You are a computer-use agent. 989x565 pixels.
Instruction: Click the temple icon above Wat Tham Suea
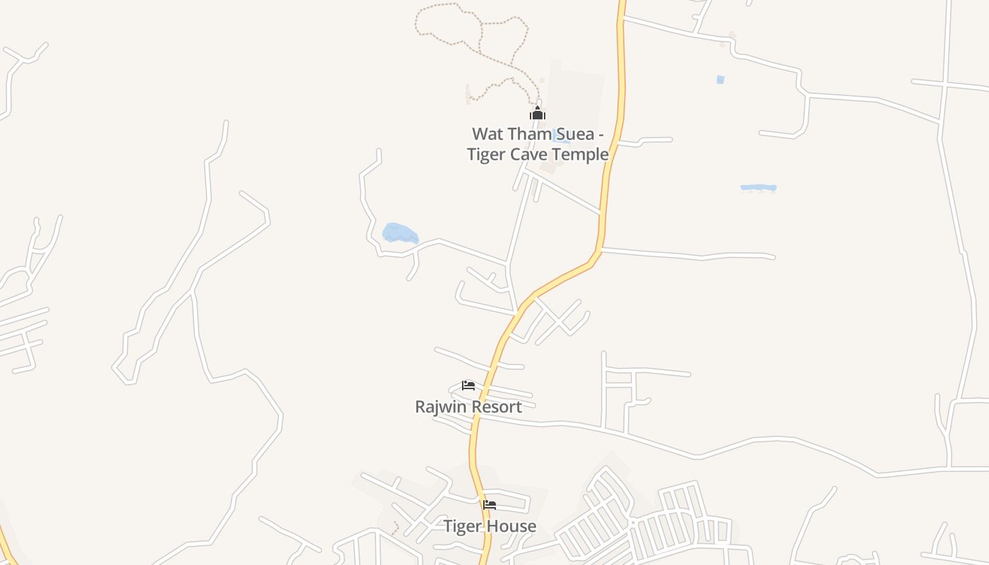538,113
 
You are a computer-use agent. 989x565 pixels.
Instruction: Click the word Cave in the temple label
526,154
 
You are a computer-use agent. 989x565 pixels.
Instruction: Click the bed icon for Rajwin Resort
468,386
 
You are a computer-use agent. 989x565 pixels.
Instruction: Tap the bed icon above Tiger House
489,505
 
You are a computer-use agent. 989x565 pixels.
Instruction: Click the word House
514,526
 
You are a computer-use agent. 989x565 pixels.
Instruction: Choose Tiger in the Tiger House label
464,526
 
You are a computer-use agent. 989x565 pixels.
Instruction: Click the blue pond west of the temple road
399,233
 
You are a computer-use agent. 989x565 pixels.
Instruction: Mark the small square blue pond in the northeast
720,80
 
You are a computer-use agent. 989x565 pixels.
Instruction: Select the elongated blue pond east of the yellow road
758,188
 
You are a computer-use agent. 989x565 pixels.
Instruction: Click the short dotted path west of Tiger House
395,528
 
